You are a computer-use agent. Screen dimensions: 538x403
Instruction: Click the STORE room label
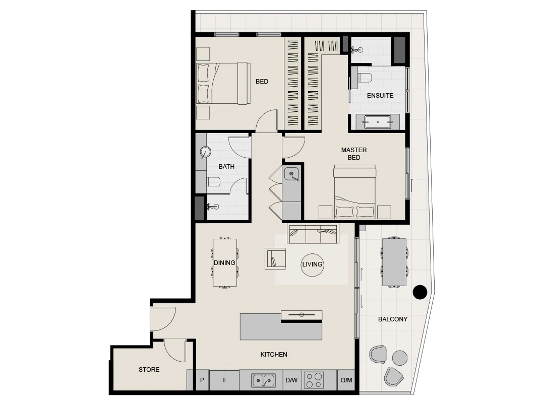point(149,369)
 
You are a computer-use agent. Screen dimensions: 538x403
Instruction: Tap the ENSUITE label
point(380,95)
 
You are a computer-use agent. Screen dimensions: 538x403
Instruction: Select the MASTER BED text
point(354,154)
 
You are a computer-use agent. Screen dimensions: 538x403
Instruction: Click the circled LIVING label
point(312,264)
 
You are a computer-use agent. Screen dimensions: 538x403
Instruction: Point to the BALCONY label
point(392,319)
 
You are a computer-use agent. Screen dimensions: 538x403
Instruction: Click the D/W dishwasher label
point(292,380)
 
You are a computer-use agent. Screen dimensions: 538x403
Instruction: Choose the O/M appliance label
point(346,380)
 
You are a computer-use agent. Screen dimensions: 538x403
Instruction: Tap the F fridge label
point(225,380)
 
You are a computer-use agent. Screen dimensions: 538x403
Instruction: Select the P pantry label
point(202,380)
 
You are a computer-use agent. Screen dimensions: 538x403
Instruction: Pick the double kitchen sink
point(264,380)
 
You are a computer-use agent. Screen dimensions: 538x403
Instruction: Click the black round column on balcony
point(420,292)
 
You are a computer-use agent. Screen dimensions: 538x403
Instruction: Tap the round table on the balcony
point(400,358)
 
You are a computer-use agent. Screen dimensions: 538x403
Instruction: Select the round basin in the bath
point(205,152)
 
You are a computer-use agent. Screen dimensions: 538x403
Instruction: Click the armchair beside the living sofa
point(275,258)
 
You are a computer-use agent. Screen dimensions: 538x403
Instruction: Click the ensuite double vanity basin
point(378,122)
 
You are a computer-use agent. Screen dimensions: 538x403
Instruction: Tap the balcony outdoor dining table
point(394,262)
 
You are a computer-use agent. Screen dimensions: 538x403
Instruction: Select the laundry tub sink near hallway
point(292,174)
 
